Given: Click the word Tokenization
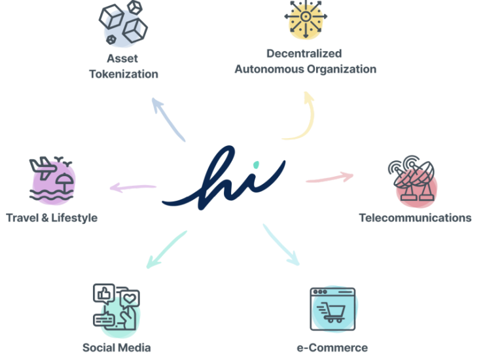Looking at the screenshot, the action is [x=124, y=74].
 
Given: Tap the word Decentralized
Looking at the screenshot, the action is [x=304, y=54].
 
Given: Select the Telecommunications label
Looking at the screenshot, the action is [x=415, y=218].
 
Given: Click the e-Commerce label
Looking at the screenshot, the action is [x=332, y=348].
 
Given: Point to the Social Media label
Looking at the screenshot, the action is [x=117, y=348].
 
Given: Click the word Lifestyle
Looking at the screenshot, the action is [x=74, y=218].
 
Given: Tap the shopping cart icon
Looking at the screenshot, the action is [x=331, y=312].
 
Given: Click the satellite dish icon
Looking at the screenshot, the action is [x=412, y=178].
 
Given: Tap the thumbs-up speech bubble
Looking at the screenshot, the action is [x=104, y=293].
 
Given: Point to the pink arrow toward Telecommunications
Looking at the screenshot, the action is [x=330, y=178].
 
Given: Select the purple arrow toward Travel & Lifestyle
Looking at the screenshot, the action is [x=133, y=187].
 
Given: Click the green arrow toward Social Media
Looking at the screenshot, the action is [x=166, y=249].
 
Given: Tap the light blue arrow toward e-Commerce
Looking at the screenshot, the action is [x=280, y=244].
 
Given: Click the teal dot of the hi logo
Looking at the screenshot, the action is [x=256, y=165].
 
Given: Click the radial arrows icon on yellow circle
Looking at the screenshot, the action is [x=306, y=17].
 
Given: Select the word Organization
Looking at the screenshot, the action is [x=342, y=69].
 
